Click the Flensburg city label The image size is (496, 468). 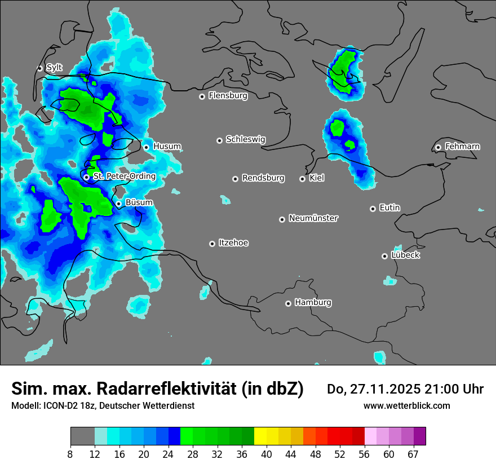[x=228, y=96]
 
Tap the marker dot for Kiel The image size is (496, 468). [x=303, y=179]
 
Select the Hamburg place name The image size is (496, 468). [x=313, y=303]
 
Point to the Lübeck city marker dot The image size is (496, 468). [x=385, y=256]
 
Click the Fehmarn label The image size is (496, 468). [x=462, y=147]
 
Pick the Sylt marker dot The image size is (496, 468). [x=40, y=68]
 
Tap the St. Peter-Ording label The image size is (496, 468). [x=124, y=176]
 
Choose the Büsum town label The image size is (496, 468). [x=139, y=202]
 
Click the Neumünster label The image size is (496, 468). [x=313, y=218]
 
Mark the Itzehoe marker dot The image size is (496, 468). [x=212, y=244]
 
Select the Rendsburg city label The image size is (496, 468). [x=263, y=178]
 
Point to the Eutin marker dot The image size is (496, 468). [x=373, y=209]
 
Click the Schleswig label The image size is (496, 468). [x=245, y=139]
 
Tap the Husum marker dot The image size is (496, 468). [x=147, y=147]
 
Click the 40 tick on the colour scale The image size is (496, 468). [x=266, y=454]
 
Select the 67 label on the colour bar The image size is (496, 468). [x=413, y=454]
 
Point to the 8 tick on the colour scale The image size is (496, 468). [x=70, y=454]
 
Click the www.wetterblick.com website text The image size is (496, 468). [x=406, y=405]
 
